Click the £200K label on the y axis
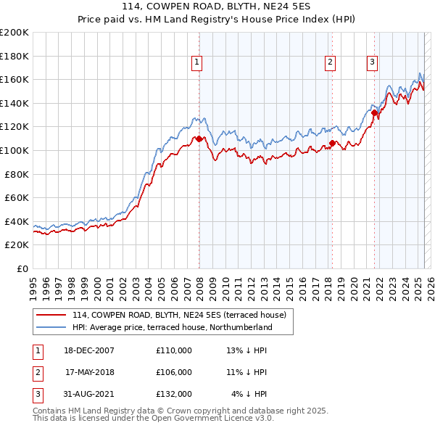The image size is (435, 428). pyautogui.click(x=14, y=33)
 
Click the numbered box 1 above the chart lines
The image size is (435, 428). pyautogui.click(x=196, y=63)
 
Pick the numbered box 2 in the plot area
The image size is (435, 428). pyautogui.click(x=330, y=63)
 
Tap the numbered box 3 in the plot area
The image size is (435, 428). pyautogui.click(x=372, y=63)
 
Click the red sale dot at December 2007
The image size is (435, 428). pyautogui.click(x=199, y=139)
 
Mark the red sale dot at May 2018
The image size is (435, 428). pyautogui.click(x=332, y=144)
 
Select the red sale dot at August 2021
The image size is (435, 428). pyautogui.click(x=374, y=112)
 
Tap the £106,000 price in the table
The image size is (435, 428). pyautogui.click(x=174, y=372)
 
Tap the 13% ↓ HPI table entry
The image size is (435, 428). pyautogui.click(x=247, y=350)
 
